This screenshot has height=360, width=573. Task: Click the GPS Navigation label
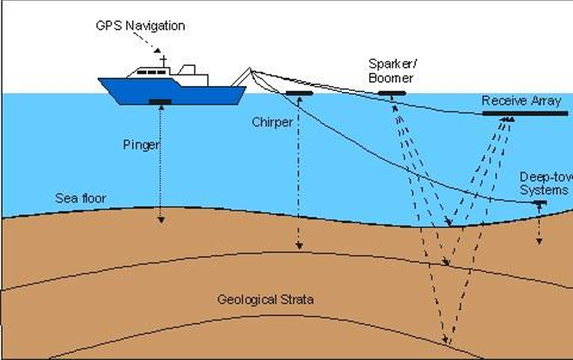[x=139, y=26]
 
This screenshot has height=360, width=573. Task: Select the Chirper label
[x=272, y=122]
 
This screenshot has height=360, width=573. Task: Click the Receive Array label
[x=515, y=101]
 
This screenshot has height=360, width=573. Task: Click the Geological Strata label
[x=265, y=298]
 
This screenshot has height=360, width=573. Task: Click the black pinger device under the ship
[x=160, y=102]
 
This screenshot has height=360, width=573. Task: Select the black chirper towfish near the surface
[x=299, y=93]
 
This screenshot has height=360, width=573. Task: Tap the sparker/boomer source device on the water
[x=391, y=94]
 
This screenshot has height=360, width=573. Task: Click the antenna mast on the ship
[x=164, y=60]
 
